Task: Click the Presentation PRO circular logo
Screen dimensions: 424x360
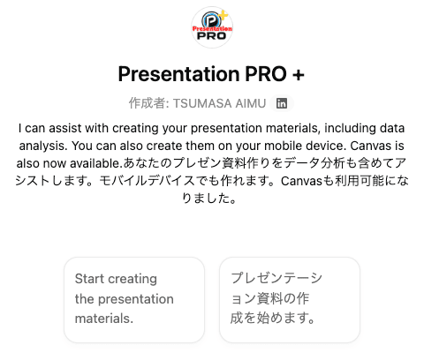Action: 212,27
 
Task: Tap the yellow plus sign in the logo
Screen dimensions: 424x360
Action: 223,15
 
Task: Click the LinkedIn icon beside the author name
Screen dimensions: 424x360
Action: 282,103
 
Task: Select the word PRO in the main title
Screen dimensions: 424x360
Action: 266,73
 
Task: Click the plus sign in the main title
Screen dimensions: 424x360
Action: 299,74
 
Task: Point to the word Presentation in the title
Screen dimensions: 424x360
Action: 178,73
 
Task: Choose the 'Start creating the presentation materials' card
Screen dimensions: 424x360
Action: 134,300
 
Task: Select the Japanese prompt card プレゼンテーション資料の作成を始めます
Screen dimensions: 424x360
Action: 290,300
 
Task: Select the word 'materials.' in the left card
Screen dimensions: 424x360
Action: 104,319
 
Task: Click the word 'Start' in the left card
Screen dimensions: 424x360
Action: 89,279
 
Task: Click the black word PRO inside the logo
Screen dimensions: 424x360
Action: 212,36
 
